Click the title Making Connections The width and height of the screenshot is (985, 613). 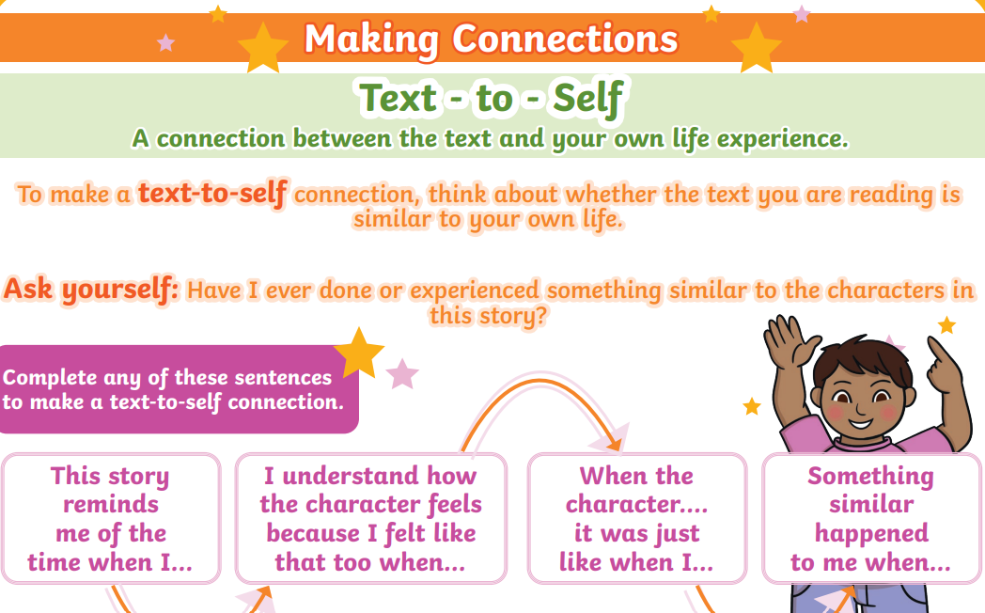[492, 39]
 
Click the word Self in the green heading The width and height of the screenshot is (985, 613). [588, 99]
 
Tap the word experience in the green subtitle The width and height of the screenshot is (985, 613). [782, 139]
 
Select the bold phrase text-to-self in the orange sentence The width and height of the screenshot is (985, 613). [213, 192]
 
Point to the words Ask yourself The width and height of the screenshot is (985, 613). [91, 289]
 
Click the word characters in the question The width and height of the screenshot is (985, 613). [885, 291]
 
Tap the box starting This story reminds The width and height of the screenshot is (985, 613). [111, 519]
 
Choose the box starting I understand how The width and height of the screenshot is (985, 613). [371, 519]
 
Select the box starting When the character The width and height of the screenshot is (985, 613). [637, 519]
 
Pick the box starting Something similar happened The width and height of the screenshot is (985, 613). [871, 519]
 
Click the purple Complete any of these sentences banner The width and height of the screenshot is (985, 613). [179, 389]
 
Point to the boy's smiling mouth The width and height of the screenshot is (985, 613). [861, 419]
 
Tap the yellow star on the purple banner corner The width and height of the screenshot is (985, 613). [359, 353]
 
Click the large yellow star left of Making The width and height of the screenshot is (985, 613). [263, 48]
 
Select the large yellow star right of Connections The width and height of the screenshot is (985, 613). [757, 48]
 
